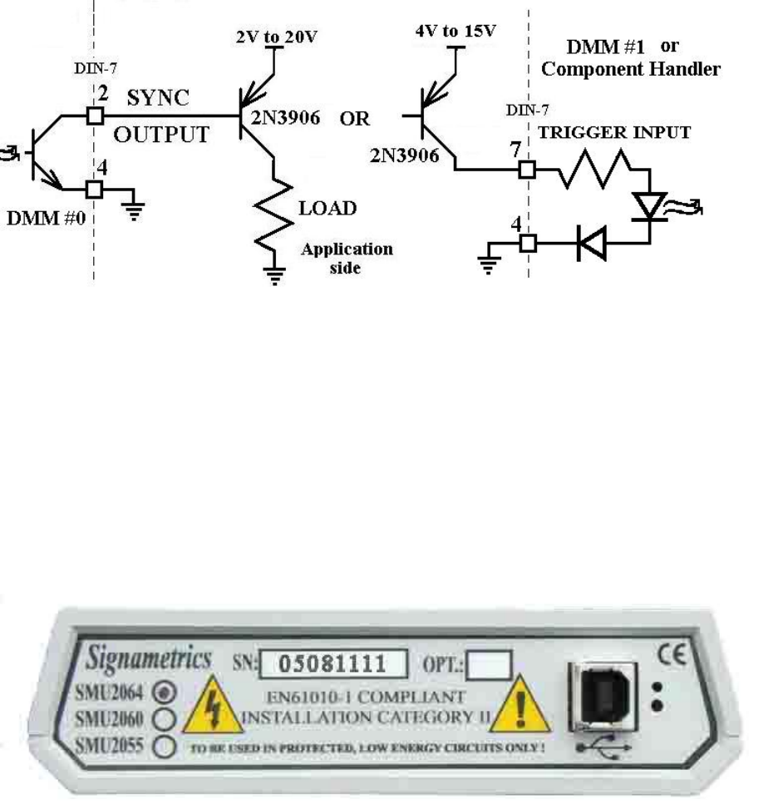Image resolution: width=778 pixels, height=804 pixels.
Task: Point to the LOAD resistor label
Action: click(328, 208)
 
